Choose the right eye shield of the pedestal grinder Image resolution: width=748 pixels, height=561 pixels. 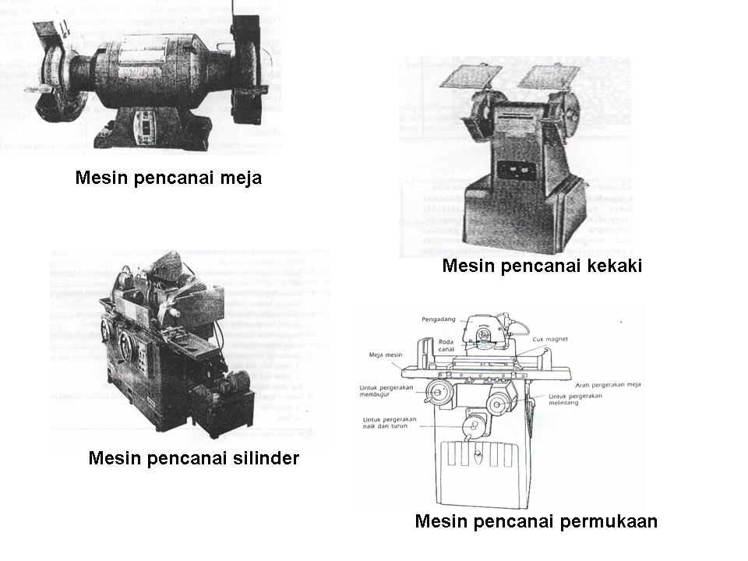tap(549, 76)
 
